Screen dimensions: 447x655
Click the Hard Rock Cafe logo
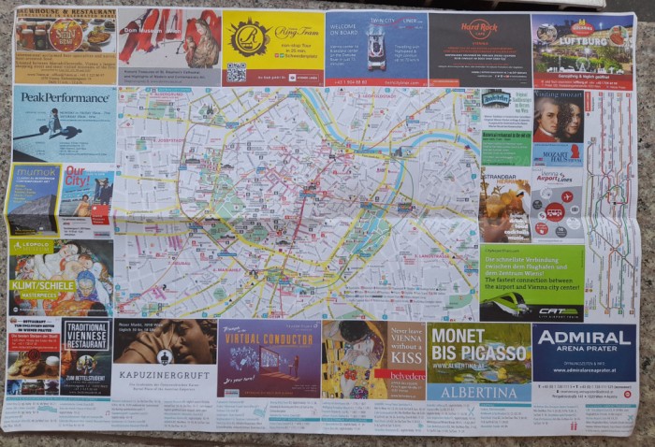(479, 30)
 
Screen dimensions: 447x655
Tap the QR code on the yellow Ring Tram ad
(236, 71)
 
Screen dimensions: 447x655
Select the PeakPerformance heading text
(64, 97)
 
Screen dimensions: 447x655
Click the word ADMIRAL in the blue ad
(584, 339)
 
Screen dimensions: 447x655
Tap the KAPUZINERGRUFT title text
(164, 373)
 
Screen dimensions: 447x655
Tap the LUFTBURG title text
(584, 40)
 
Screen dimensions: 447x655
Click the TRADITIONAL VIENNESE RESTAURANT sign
(87, 334)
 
